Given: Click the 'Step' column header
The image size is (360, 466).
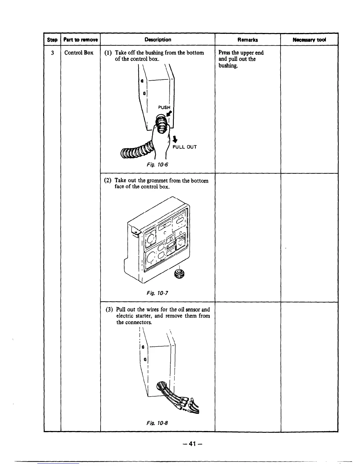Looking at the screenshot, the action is point(52,40).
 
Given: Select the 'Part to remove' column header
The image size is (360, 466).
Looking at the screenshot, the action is point(80,40).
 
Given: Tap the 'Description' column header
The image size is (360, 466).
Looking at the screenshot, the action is point(158,39).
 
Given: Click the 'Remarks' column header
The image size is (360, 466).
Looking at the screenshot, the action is point(248,40).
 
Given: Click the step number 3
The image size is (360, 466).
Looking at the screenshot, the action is point(52,53).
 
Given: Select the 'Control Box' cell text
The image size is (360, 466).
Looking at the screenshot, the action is point(79,53).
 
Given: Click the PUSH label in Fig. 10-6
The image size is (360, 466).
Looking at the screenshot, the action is point(164,107).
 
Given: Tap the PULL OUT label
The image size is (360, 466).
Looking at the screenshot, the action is point(184,147).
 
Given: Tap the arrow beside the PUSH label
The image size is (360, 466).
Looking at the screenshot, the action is point(170,114).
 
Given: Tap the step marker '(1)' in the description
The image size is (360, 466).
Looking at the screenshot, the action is point(108,53).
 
